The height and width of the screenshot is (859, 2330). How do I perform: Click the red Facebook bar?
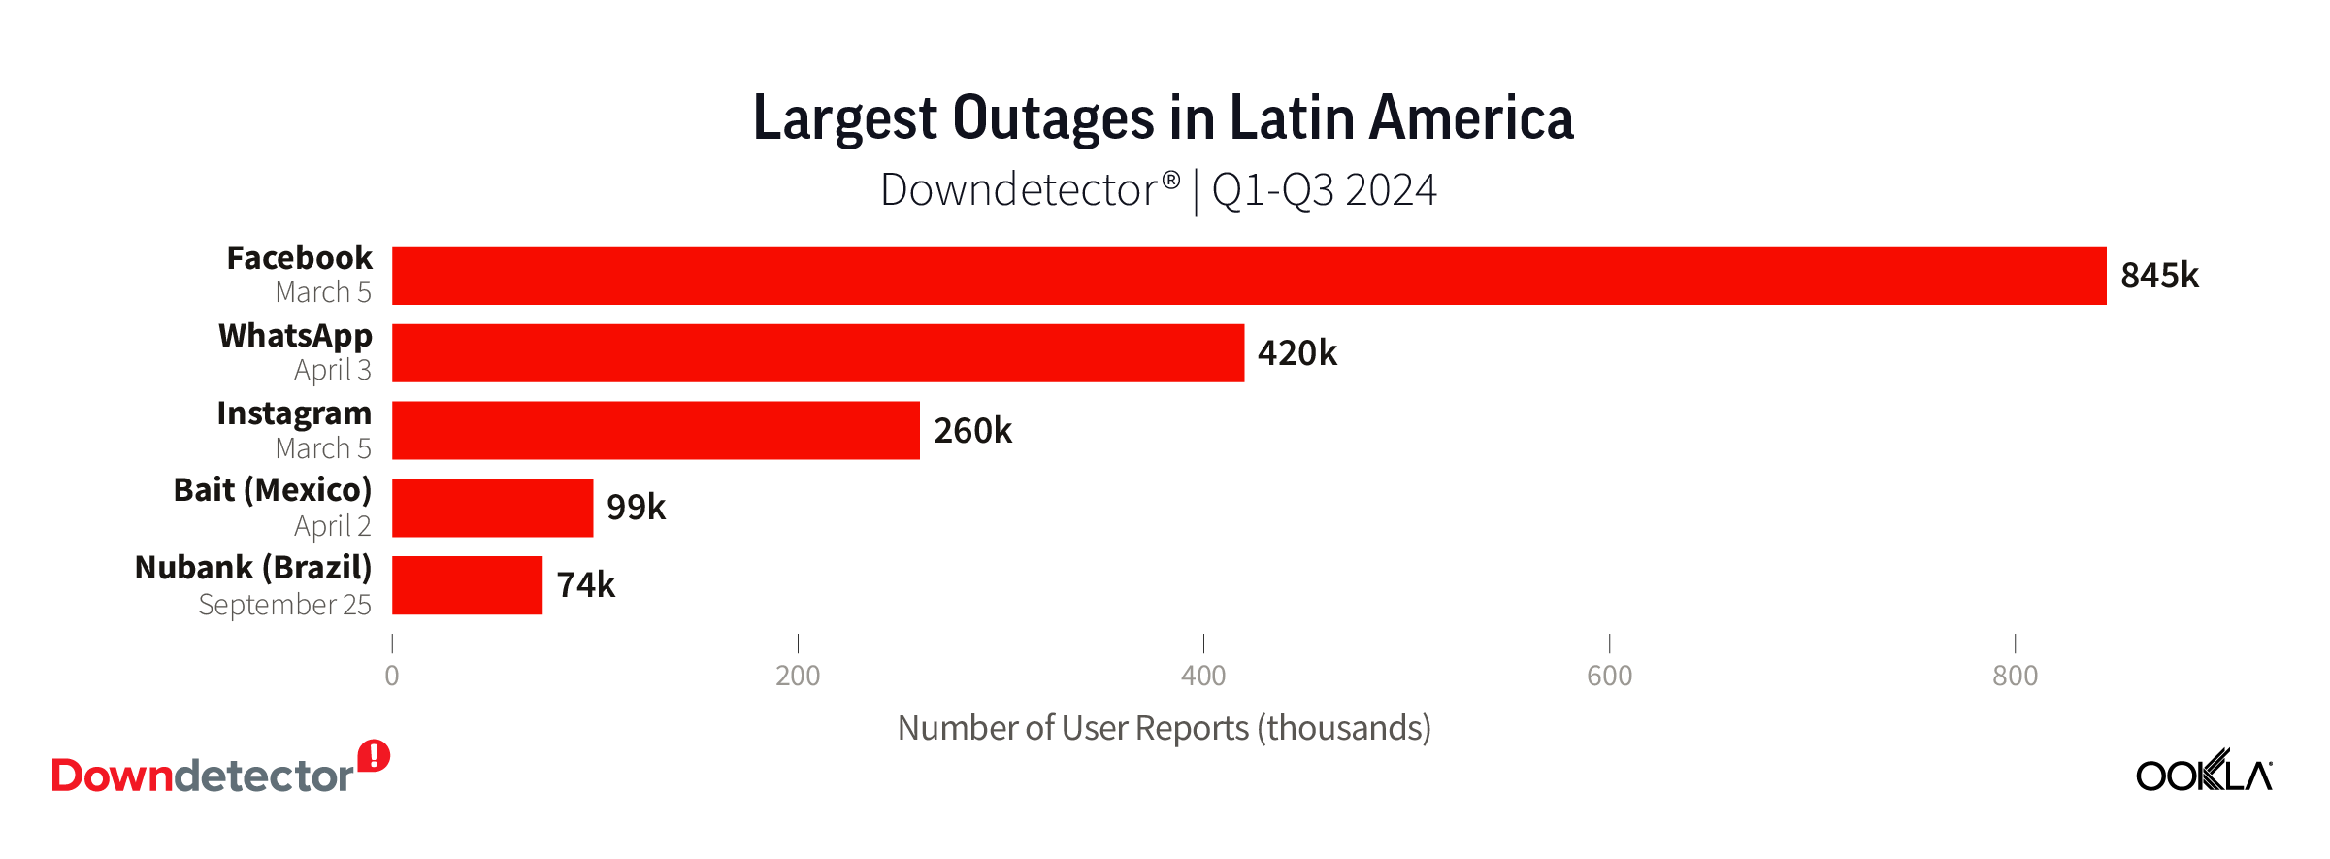point(1248,276)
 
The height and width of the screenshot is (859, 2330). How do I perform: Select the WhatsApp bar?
point(817,353)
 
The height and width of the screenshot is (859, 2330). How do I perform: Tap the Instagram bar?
point(655,430)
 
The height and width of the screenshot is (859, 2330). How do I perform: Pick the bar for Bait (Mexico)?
point(492,508)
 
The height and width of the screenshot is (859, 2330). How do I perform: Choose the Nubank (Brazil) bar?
point(467,585)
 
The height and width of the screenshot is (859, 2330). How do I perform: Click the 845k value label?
point(2158,276)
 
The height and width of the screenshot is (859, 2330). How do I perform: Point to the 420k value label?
point(1296,353)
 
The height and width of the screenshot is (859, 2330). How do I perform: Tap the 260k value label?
point(972,430)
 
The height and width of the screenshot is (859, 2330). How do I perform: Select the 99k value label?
point(636,508)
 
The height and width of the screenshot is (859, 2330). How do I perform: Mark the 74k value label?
point(585,585)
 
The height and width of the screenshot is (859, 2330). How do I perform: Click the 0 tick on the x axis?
point(392,676)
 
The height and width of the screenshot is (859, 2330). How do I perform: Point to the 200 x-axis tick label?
point(798,676)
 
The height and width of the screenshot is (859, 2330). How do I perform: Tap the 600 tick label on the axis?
point(1609,676)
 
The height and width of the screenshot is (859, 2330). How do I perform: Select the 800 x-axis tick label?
point(2015,676)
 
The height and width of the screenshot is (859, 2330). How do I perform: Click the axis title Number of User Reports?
point(1164,728)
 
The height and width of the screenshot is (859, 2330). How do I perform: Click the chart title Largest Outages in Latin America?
point(1163,118)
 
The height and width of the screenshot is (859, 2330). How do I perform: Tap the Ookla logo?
point(2203,773)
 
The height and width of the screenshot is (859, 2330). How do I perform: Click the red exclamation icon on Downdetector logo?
point(374,756)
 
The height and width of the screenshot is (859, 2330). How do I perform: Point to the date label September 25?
point(284,605)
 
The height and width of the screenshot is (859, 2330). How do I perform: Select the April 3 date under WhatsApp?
point(332,370)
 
